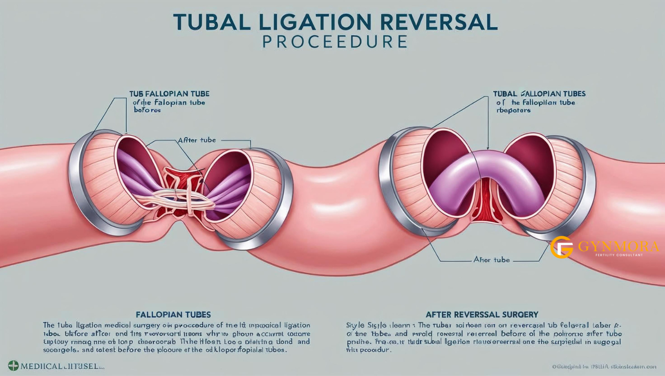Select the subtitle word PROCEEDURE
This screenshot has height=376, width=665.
(335, 42)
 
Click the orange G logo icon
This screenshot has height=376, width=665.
(562, 247)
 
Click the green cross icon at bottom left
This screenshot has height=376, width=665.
(13, 366)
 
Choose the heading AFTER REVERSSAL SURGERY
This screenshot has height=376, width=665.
(482, 314)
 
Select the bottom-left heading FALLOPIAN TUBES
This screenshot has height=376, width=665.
(173, 314)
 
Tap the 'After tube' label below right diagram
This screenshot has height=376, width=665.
(492, 259)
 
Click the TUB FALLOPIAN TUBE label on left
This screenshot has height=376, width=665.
(169, 94)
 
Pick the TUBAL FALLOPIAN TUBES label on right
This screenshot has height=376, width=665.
(539, 94)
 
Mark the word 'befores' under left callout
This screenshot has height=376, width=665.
(147, 110)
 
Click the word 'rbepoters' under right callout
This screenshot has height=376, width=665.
(513, 110)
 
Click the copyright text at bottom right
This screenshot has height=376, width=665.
(604, 367)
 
